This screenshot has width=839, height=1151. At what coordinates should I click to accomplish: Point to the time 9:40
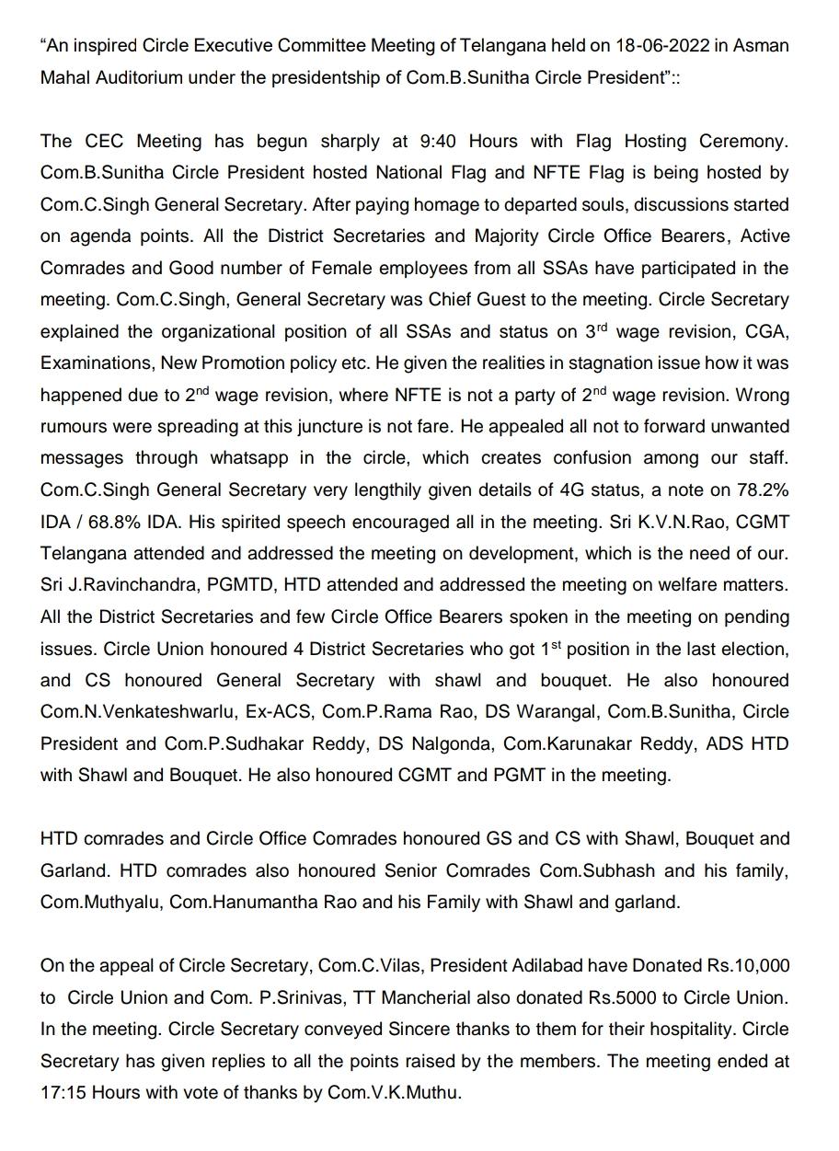[439, 142]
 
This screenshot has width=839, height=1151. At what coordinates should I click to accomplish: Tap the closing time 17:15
[62, 1094]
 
